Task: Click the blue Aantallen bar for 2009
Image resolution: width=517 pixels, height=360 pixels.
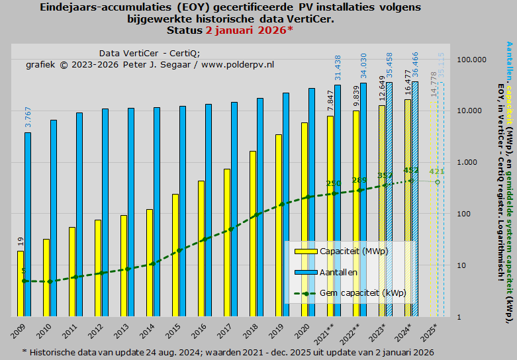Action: [x=28, y=224]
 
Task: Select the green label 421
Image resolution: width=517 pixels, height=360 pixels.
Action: [x=436, y=171]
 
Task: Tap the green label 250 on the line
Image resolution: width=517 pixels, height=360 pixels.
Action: [x=334, y=184]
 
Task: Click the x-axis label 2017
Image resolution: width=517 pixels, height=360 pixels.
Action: [x=226, y=328]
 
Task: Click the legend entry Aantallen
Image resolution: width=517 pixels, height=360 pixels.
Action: [x=338, y=272]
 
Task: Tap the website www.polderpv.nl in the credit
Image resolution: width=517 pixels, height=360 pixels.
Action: [x=238, y=65]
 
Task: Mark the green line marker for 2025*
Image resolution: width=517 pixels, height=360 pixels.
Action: [x=437, y=182]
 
